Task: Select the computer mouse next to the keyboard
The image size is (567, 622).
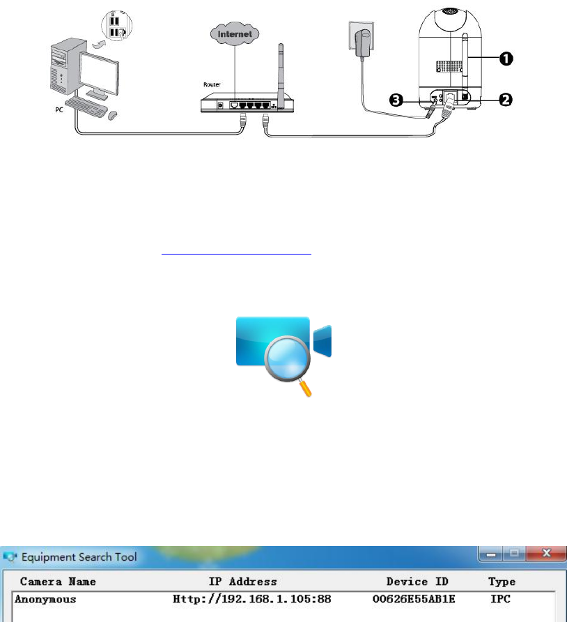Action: coord(113,113)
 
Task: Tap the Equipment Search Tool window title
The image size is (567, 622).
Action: coord(79,557)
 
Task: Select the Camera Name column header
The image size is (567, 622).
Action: coord(58,582)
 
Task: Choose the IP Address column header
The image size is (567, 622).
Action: coord(242,582)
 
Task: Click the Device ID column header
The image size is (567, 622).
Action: coord(417,582)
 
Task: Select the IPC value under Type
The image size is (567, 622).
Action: coord(501,599)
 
